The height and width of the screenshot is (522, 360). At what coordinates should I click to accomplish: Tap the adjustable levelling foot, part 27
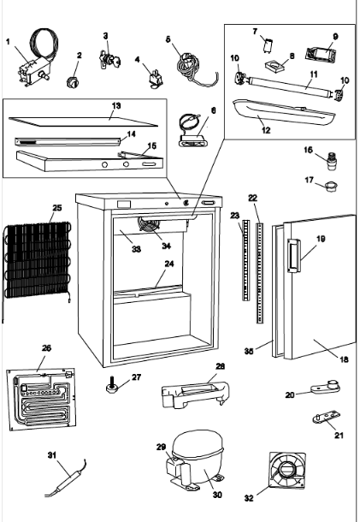[112, 385]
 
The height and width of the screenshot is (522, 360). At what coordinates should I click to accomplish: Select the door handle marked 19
[292, 256]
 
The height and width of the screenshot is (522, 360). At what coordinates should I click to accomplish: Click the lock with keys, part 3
[109, 60]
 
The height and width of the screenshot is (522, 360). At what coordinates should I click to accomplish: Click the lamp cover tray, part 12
[284, 111]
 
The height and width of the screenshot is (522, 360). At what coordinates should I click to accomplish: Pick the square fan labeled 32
[287, 470]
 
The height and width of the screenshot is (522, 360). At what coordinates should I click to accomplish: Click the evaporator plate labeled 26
[41, 399]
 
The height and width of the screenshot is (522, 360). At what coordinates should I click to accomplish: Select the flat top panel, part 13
[83, 122]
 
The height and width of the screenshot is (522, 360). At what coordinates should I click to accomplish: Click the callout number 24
[169, 264]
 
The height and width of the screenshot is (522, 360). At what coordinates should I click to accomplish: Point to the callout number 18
[344, 359]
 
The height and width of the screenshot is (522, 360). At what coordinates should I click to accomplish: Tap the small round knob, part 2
[72, 82]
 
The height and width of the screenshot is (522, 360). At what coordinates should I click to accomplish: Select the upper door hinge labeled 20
[326, 386]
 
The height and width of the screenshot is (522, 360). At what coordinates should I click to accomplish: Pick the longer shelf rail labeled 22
[260, 273]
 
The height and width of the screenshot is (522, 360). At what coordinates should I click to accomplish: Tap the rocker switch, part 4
[156, 80]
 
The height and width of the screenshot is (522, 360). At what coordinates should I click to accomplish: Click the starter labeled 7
[267, 45]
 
